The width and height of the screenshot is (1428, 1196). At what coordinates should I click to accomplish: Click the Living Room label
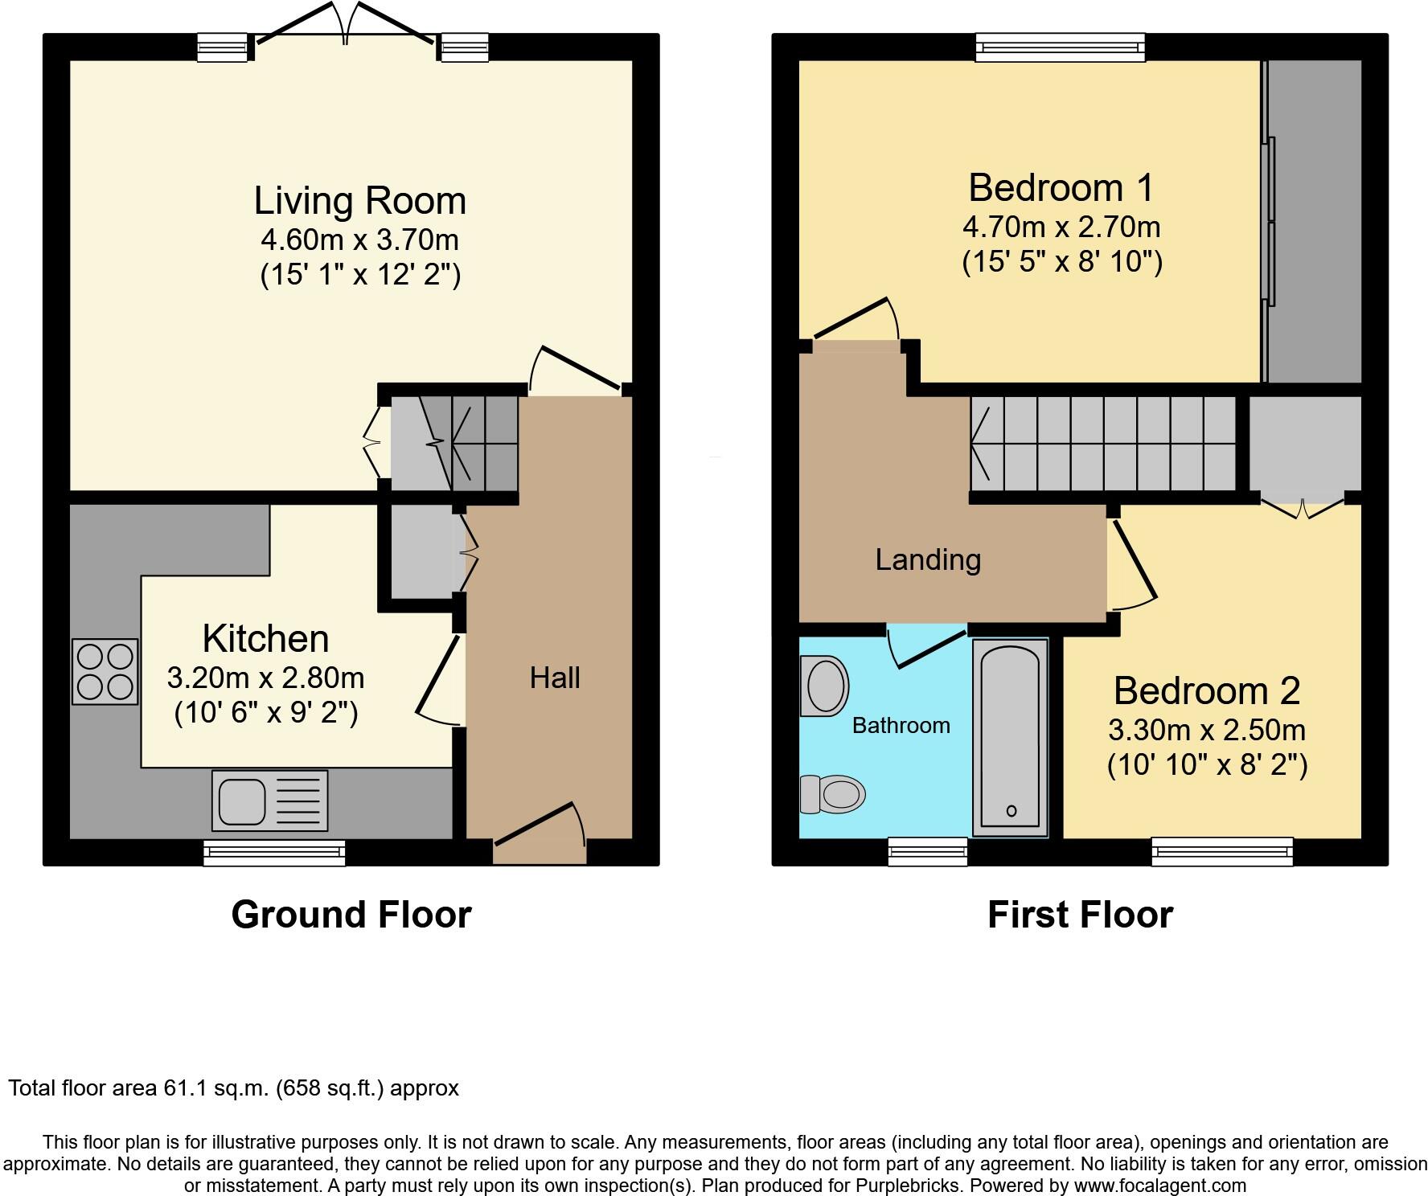click(x=360, y=201)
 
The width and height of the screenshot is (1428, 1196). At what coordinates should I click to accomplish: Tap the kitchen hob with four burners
click(x=105, y=671)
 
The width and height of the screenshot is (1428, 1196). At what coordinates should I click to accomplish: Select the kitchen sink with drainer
click(x=270, y=801)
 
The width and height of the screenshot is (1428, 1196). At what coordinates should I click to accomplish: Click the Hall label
click(x=555, y=678)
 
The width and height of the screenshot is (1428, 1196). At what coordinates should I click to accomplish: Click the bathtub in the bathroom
click(x=1011, y=738)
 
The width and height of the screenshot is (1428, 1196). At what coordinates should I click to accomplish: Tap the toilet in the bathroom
click(x=832, y=794)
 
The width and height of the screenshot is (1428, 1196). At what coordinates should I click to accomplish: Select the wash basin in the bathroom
click(x=825, y=686)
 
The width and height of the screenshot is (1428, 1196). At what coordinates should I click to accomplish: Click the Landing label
click(x=928, y=559)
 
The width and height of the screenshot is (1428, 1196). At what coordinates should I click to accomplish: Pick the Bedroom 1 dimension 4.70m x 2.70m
click(x=1061, y=227)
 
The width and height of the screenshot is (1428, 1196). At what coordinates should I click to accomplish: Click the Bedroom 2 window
click(x=1222, y=852)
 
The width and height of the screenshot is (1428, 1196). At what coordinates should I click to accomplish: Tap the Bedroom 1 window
click(x=1061, y=47)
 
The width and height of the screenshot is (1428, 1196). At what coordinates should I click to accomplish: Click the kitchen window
click(x=274, y=853)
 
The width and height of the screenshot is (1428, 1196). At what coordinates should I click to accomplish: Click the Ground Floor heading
click(x=351, y=915)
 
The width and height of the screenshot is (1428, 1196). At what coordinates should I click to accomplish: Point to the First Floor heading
click(x=1080, y=915)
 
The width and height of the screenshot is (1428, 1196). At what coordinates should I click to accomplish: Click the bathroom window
click(x=928, y=852)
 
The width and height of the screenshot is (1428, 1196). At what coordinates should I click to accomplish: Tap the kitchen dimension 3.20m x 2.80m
click(x=265, y=678)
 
